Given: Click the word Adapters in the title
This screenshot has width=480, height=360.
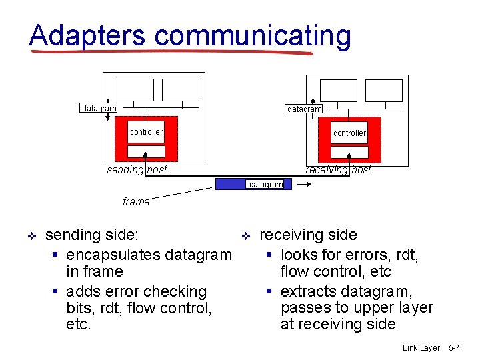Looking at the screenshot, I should point(87,35).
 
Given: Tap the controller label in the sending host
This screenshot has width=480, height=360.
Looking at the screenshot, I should point(146,132).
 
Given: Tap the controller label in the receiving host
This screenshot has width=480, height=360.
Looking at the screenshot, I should point(349,133).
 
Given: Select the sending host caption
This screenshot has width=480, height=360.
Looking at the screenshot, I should point(137,169).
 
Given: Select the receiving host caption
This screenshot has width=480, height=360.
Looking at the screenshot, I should point(338,169).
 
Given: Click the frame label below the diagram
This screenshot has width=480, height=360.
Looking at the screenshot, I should point(136,201).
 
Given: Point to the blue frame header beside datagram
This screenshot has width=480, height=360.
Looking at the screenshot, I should point(231,184).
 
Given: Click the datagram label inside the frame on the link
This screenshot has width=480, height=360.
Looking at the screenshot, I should point(266,185).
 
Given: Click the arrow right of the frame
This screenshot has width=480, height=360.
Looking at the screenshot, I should point(302,186).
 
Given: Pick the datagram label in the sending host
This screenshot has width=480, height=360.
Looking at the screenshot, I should point(98,108).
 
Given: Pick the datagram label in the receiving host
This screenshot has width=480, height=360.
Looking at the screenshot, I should point(304,109).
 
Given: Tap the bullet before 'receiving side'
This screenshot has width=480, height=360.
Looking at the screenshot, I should point(245,236).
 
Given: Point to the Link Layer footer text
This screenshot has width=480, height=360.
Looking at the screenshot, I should point(421,348).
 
